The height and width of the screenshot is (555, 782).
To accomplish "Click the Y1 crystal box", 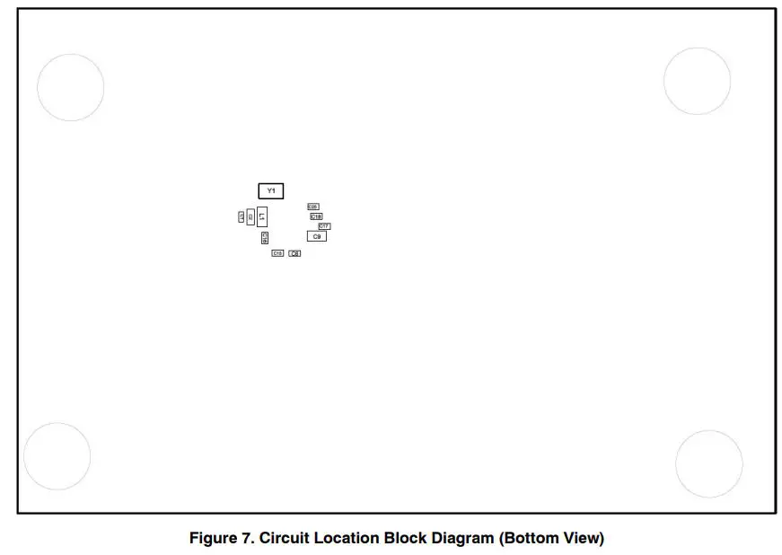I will pyautogui.click(x=271, y=190).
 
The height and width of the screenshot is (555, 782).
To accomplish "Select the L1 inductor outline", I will pyautogui.click(x=262, y=216).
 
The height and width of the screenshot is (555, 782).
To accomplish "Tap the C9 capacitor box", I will pyautogui.click(x=316, y=235).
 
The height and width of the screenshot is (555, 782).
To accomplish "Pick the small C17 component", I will pyautogui.click(x=324, y=225).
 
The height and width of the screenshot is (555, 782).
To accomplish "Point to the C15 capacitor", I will pyautogui.click(x=277, y=253).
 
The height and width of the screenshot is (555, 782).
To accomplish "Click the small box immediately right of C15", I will pyautogui.click(x=294, y=253).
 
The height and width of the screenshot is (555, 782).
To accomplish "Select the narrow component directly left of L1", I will pyautogui.click(x=250, y=216).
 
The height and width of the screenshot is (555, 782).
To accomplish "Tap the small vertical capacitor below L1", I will pyautogui.click(x=265, y=238).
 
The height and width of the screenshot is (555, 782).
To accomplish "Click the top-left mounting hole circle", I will pyautogui.click(x=70, y=87).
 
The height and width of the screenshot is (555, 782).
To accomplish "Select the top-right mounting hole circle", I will pyautogui.click(x=698, y=81).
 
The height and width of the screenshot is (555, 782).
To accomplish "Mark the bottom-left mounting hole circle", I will pyautogui.click(x=57, y=456).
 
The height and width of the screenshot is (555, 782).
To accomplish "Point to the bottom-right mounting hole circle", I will pyautogui.click(x=708, y=463).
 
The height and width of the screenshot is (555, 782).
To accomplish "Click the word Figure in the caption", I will pyautogui.click(x=212, y=539).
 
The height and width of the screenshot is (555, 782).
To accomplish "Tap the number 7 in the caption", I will pyautogui.click(x=248, y=539).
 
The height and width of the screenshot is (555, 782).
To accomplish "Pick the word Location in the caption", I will pyautogui.click(x=347, y=539).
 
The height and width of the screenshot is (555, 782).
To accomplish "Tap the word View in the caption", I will pyautogui.click(x=584, y=539).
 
